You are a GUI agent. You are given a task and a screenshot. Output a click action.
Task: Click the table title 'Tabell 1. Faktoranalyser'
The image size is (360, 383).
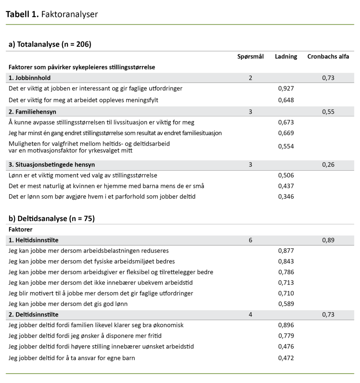pyautogui.click(x=52, y=14)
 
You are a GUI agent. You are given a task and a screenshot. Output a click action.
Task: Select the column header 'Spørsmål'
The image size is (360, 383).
pyautogui.click(x=250, y=56)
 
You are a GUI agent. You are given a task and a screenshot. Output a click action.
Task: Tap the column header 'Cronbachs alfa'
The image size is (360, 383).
pyautogui.click(x=328, y=56)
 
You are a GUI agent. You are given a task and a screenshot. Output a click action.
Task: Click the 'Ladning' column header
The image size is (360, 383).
pyautogui.click(x=286, y=56)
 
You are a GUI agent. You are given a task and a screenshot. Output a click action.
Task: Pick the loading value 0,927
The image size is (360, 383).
pyautogui.click(x=286, y=89)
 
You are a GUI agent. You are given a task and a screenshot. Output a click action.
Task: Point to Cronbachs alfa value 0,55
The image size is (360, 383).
pyautogui.click(x=328, y=111)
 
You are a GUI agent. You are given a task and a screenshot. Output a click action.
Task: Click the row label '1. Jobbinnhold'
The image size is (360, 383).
pyautogui.click(x=30, y=78)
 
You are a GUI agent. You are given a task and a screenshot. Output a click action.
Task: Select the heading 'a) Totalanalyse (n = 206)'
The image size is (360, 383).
pyautogui.click(x=50, y=44)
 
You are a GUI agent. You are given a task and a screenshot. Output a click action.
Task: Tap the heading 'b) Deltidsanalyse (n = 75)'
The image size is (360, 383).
pyautogui.click(x=51, y=218)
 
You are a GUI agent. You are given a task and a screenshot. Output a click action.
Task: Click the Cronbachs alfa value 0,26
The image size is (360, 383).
pyautogui.click(x=328, y=165)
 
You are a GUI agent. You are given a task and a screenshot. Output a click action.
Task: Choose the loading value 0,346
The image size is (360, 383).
pyautogui.click(x=286, y=196)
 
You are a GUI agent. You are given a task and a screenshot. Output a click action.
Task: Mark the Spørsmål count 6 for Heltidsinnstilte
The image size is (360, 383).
pyautogui.click(x=250, y=240)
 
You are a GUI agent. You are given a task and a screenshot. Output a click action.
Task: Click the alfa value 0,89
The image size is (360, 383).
pyautogui.click(x=328, y=240)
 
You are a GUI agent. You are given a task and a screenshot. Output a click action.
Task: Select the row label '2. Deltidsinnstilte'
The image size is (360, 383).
pyautogui.click(x=33, y=315)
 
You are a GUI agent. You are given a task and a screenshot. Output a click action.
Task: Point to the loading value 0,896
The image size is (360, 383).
pyautogui.click(x=286, y=325)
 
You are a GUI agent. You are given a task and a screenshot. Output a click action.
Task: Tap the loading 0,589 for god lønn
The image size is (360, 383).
pyautogui.click(x=286, y=304)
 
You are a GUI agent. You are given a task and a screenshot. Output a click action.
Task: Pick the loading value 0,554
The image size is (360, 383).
pyautogui.click(x=286, y=147)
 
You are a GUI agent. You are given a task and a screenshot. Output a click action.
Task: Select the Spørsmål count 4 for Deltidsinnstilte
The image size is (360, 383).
pyautogui.click(x=250, y=315)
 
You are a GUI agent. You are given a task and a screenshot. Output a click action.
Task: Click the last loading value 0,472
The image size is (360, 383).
pyautogui.click(x=286, y=358)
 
